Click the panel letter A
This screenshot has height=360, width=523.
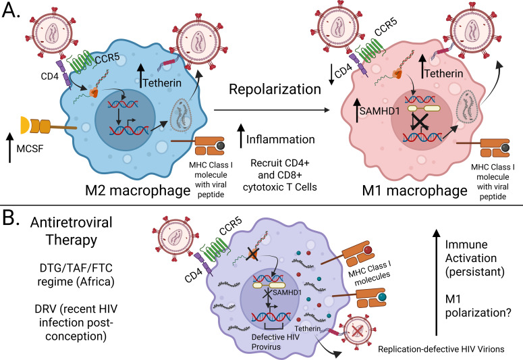point(11,10)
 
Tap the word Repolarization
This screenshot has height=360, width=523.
point(275,90)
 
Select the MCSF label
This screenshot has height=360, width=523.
point(30,149)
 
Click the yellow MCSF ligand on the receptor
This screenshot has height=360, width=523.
point(25,125)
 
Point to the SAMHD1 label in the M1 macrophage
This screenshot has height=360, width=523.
point(379,111)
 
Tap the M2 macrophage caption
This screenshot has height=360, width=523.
point(138,190)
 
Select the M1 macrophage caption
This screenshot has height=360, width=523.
point(415,190)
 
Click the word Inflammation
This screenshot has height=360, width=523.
point(281,139)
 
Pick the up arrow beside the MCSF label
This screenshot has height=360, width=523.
point(10,147)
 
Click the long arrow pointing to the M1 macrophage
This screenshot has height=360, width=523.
point(271,110)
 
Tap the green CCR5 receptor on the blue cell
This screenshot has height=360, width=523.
point(80,62)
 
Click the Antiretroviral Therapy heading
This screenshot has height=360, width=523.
point(72,231)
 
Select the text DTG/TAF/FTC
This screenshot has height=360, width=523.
point(76,268)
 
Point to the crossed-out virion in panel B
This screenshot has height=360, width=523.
point(357,331)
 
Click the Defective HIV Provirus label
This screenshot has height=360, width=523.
point(275,342)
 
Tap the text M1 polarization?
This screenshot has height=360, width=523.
point(478,305)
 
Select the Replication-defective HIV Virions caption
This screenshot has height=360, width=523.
point(441,349)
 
